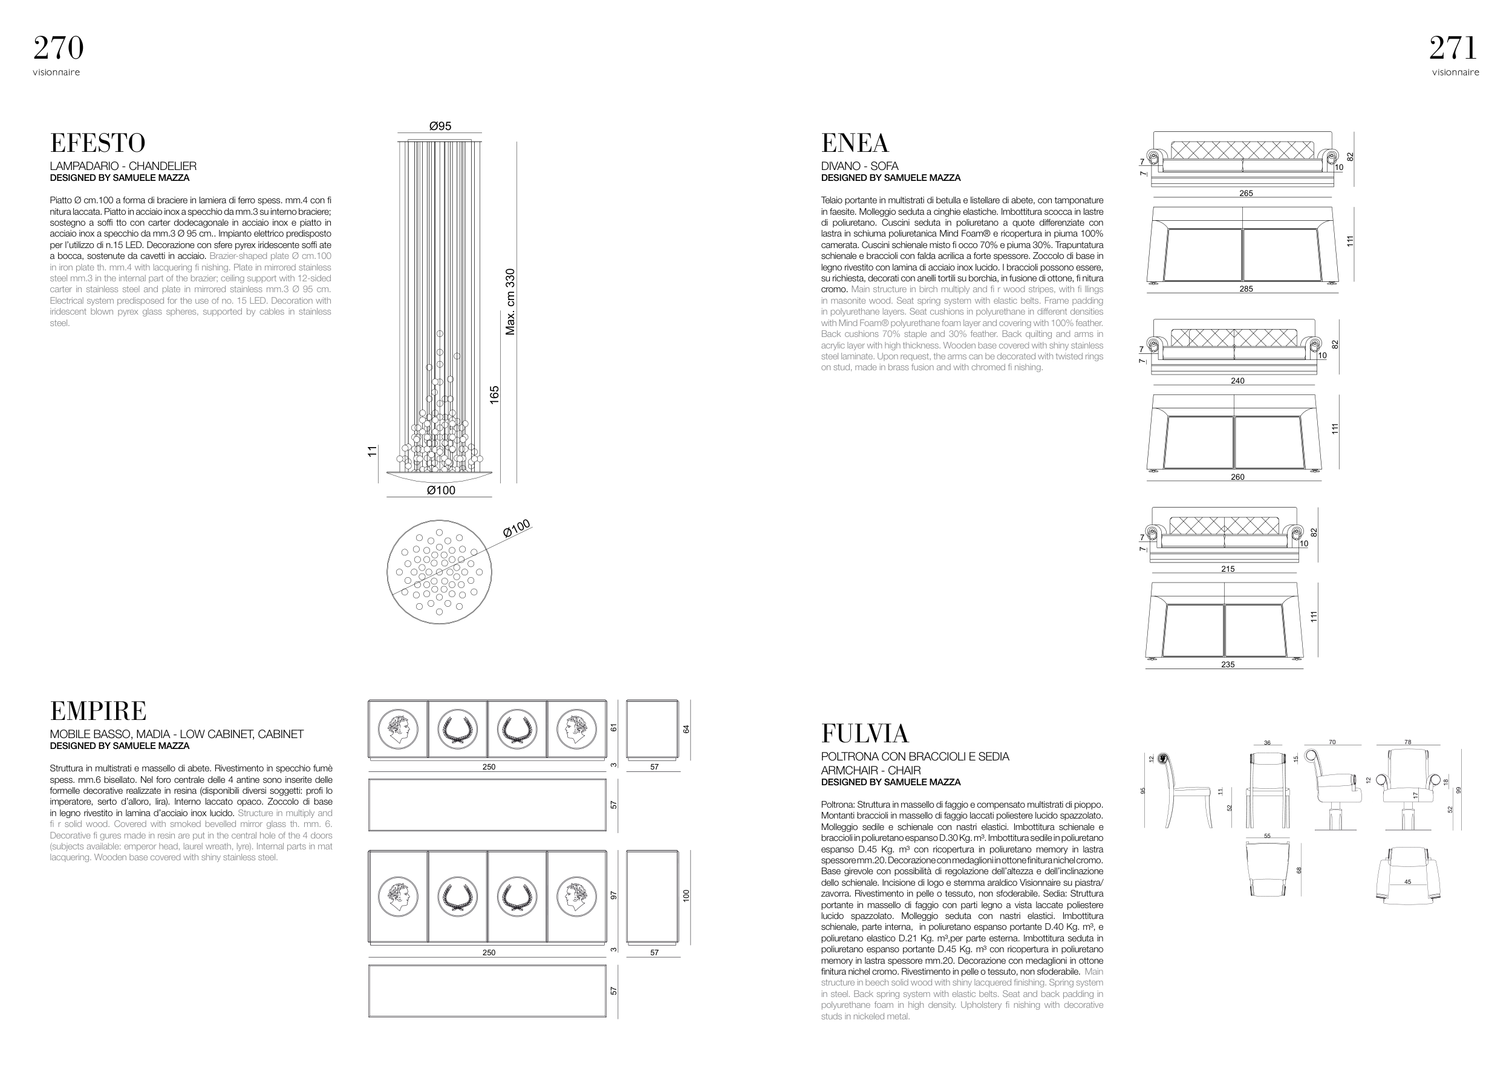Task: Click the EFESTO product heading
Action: pyautogui.click(x=97, y=143)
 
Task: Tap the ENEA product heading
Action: pyautogui.click(x=854, y=143)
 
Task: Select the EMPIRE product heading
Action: pyautogui.click(x=98, y=711)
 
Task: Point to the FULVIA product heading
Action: pyautogui.click(x=865, y=734)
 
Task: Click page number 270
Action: pyautogui.click(x=59, y=48)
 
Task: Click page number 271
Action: pyautogui.click(x=1453, y=48)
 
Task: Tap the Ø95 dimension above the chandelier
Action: pyautogui.click(x=440, y=126)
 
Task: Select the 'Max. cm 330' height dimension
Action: pyautogui.click(x=510, y=302)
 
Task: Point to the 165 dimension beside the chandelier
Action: pyautogui.click(x=495, y=394)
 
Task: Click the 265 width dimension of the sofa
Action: pyautogui.click(x=1245, y=194)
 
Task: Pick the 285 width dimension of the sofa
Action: pyautogui.click(x=1245, y=289)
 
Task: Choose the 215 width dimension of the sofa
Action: pyautogui.click(x=1228, y=569)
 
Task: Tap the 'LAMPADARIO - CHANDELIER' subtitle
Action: pyautogui.click(x=123, y=166)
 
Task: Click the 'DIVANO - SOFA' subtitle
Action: pyautogui.click(x=859, y=166)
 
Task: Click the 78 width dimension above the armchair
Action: pyautogui.click(x=1407, y=742)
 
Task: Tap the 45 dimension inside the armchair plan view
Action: pyautogui.click(x=1407, y=882)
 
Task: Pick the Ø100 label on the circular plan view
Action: pyautogui.click(x=516, y=529)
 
